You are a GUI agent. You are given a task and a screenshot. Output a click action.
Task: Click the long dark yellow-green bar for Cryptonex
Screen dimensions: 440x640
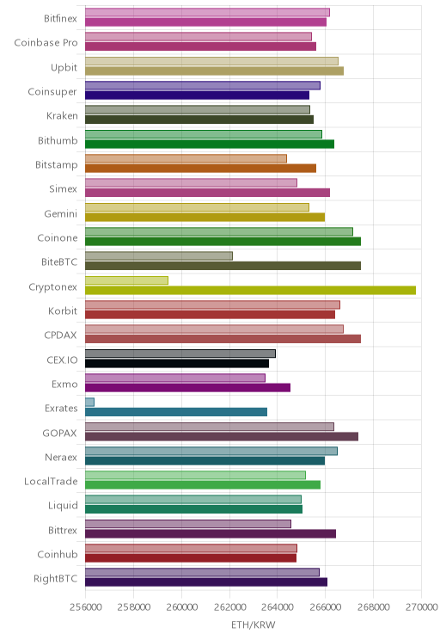250,290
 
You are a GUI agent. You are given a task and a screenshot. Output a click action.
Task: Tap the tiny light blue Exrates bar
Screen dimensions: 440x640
89,402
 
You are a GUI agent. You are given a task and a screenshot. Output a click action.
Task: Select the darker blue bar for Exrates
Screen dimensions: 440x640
176,412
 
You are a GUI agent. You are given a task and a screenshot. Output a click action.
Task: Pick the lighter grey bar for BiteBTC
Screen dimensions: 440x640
159,256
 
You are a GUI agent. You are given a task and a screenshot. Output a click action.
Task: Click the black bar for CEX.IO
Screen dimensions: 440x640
177,363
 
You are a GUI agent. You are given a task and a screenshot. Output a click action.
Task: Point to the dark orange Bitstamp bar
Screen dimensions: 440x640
200,168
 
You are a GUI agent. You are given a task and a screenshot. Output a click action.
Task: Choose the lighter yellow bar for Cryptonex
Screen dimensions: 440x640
127,280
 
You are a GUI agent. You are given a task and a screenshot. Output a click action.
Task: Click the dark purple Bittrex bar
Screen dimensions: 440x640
211,533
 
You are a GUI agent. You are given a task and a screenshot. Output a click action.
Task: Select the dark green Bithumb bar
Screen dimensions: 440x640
210,144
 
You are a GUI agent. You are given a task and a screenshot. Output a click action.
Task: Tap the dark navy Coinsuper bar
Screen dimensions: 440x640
198,95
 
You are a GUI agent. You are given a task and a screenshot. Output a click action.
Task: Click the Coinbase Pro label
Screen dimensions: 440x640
46,42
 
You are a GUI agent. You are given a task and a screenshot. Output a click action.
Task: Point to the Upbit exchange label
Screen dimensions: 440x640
64,67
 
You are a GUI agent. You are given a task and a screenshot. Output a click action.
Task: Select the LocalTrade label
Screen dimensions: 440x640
51,481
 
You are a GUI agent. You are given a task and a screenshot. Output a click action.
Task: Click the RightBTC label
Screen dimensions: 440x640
56,578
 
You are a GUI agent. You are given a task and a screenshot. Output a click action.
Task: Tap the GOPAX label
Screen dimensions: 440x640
59,433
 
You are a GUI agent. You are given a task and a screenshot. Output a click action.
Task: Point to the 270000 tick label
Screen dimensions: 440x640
422,607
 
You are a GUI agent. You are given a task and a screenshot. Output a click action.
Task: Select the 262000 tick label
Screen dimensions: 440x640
229,607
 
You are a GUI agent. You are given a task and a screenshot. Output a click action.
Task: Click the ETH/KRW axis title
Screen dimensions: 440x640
254,625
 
